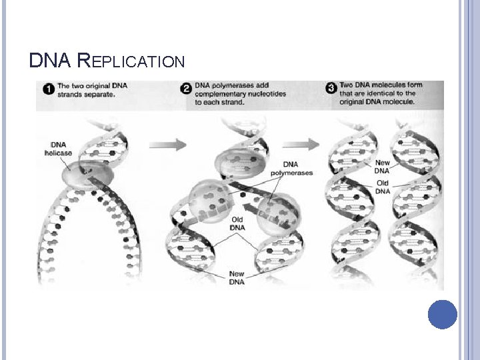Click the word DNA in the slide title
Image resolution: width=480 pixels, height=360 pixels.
pyautogui.click(x=50, y=61)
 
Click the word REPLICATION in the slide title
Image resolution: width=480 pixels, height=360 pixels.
pyautogui.click(x=131, y=62)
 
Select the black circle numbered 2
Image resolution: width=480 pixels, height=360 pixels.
pyautogui.click(x=187, y=89)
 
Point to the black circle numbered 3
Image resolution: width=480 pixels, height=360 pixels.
pyautogui.click(x=331, y=89)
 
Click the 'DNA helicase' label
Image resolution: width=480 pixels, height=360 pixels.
pyautogui.click(x=58, y=149)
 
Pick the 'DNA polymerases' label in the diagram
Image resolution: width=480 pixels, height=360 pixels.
pyautogui.click(x=290, y=169)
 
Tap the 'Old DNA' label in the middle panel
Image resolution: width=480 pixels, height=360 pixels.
pyautogui.click(x=237, y=224)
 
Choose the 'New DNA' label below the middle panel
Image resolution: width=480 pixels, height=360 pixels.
pyautogui.click(x=237, y=277)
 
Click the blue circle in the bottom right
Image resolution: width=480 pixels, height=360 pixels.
pyautogui.click(x=442, y=315)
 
